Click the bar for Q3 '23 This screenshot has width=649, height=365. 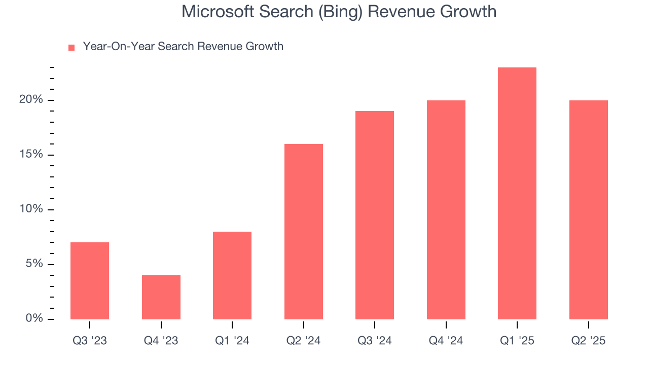90,281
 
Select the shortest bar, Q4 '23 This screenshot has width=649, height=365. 161,297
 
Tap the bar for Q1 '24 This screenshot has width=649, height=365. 232,275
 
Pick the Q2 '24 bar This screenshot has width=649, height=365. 304,232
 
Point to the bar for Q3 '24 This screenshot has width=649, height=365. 375,215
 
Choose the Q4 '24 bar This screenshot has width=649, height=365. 446,210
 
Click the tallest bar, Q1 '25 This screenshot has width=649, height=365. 517,193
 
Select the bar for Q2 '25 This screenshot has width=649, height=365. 589,210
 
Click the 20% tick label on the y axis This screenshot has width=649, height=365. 31,100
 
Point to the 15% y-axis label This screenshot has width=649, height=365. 31,155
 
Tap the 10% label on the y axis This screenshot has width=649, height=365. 31,209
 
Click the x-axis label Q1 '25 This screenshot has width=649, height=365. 517,341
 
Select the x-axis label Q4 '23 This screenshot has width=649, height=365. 161,341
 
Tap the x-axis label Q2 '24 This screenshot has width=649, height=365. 304,341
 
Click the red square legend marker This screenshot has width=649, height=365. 71,47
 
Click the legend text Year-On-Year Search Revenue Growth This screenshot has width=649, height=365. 183,47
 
